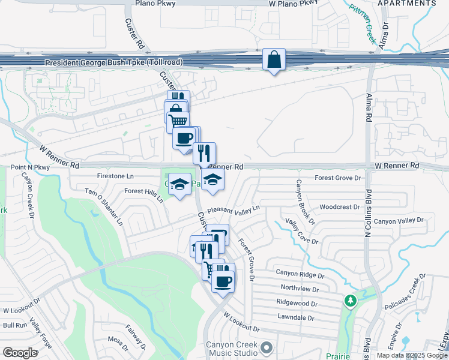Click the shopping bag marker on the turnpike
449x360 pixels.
pyautogui.click(x=274, y=60)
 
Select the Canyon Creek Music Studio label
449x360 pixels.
pyautogui.click(x=232, y=348)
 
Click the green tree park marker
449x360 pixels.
pyautogui.click(x=349, y=299)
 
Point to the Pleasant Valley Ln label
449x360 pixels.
pyautogui.click(x=234, y=210)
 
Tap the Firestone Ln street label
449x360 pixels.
pyautogui.click(x=115, y=176)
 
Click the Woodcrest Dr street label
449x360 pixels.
pyautogui.click(x=339, y=206)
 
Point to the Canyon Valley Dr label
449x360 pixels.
pyautogui.click(x=399, y=221)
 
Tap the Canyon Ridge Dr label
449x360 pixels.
pyautogui.click(x=300, y=273)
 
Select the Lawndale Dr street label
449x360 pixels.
pyautogui.click(x=297, y=317)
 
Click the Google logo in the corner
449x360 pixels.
pyautogui.click(x=20, y=352)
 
